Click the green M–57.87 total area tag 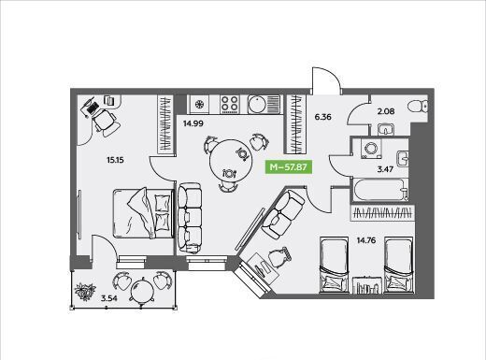click(x=288, y=166)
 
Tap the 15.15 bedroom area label click(x=115, y=160)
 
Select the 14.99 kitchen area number click(x=193, y=123)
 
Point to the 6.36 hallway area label click(x=322, y=117)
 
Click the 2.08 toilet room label click(x=386, y=111)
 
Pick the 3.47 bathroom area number click(x=385, y=169)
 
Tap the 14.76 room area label click(x=366, y=240)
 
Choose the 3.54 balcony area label click(x=109, y=298)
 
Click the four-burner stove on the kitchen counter click(x=230, y=104)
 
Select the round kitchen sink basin click(x=258, y=105)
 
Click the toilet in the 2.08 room click(x=418, y=106)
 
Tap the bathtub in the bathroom click(x=380, y=190)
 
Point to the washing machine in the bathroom click(x=371, y=149)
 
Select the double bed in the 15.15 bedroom click(x=144, y=213)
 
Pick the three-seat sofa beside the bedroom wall click(x=189, y=218)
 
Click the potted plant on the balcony click(x=85, y=292)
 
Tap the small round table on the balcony click(x=142, y=289)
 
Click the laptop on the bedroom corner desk click(x=91, y=107)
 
